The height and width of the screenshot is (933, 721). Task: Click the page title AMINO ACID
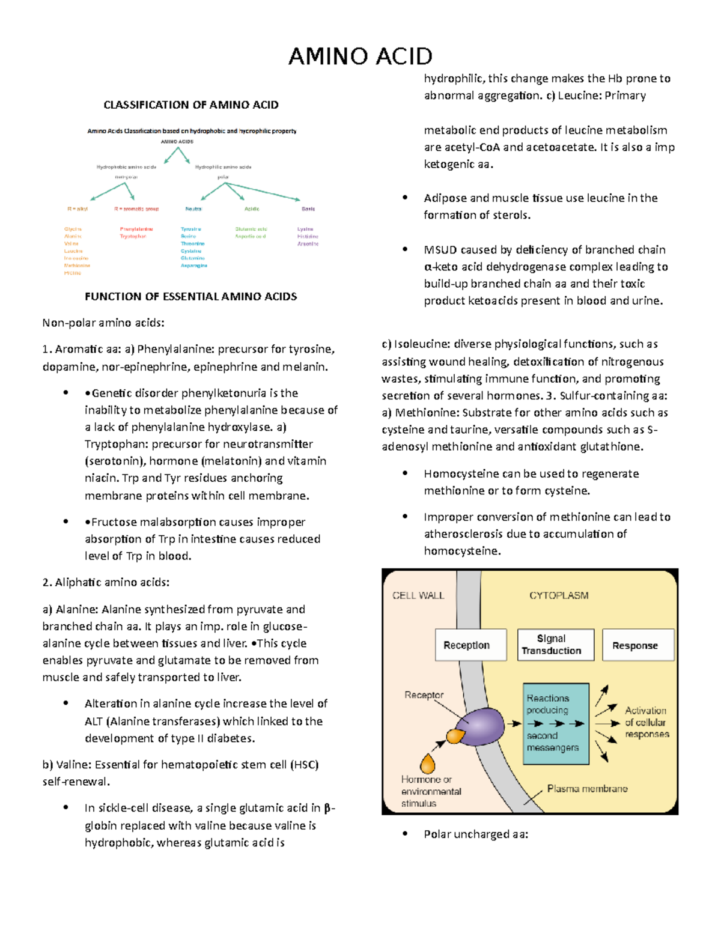(x=360, y=56)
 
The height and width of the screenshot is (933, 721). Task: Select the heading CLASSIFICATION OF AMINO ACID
(x=191, y=105)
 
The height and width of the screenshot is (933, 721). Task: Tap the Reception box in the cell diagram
(x=467, y=645)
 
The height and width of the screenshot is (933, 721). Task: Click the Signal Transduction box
(x=552, y=645)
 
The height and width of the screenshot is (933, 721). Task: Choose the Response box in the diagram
(x=635, y=645)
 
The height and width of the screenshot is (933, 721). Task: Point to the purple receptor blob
(x=483, y=725)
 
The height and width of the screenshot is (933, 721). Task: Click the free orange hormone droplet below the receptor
(x=428, y=764)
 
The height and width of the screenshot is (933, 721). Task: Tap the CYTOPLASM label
(x=559, y=595)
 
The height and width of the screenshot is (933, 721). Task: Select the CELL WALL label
(x=418, y=595)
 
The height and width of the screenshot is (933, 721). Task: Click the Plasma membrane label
(x=587, y=789)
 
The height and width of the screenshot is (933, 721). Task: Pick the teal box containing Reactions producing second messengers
(x=556, y=723)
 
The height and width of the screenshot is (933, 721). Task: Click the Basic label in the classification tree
(x=308, y=209)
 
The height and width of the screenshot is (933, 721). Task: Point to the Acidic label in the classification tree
(x=252, y=209)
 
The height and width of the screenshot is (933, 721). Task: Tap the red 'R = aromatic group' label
(x=136, y=209)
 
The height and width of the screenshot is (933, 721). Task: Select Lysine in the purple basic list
(x=305, y=229)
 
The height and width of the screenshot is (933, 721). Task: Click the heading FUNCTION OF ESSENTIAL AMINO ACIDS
(x=191, y=297)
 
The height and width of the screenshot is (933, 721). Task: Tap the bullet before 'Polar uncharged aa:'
(x=406, y=834)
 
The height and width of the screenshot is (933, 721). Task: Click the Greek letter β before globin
(x=327, y=809)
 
